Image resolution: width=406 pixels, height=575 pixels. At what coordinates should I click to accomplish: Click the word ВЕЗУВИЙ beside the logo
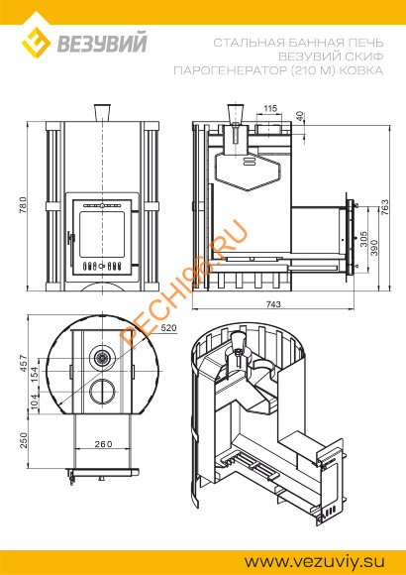click(x=102, y=42)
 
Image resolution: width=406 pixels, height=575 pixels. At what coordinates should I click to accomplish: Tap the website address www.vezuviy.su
click(x=315, y=561)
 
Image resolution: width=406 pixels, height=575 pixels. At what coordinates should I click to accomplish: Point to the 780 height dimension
click(x=23, y=207)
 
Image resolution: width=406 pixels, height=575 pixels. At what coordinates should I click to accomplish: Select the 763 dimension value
click(x=384, y=207)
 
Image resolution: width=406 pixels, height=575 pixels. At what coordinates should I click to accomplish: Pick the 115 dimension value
click(x=270, y=108)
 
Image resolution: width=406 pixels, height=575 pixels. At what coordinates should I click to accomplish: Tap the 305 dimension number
click(x=363, y=239)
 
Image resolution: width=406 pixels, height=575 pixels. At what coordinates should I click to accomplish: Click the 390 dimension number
click(x=374, y=248)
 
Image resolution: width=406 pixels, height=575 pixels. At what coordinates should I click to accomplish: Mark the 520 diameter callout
click(x=168, y=328)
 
